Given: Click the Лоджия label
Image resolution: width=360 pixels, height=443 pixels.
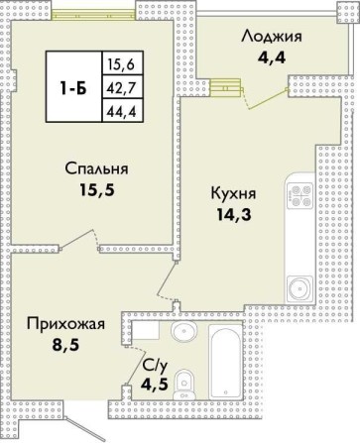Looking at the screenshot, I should click(271, 38).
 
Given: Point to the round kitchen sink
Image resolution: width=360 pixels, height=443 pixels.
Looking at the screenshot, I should click(298, 289).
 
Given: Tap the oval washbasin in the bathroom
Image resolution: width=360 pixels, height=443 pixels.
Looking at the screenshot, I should click(182, 332).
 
